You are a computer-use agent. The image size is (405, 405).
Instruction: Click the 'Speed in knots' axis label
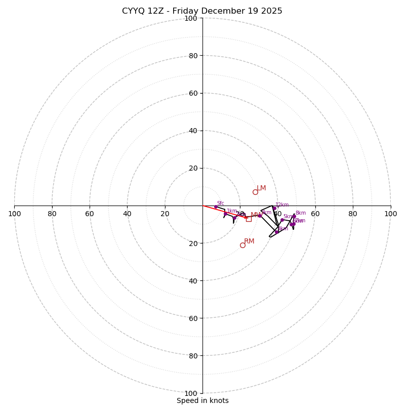tap(202, 400)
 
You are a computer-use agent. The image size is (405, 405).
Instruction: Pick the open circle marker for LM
tap(255, 192)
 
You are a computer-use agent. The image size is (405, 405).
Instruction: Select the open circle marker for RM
tap(242, 245)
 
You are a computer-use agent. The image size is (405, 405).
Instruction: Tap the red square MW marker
tap(249, 219)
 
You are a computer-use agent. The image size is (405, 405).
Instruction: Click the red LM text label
tap(261, 188)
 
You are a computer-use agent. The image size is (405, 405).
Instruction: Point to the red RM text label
tap(249, 241)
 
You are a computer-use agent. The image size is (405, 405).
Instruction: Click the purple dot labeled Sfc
tap(216, 207)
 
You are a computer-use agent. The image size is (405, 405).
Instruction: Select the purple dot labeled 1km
tap(225, 214)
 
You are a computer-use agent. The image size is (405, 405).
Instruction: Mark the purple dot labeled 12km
tap(274, 208)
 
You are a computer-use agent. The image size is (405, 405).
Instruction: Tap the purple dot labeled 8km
tap(294, 216)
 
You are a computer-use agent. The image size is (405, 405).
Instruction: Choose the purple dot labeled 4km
tap(276, 232)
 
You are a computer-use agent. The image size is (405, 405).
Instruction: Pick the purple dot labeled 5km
tap(282, 220)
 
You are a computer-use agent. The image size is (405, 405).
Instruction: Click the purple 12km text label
tap(282, 205)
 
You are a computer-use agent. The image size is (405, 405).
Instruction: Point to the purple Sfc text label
tap(221, 204)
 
